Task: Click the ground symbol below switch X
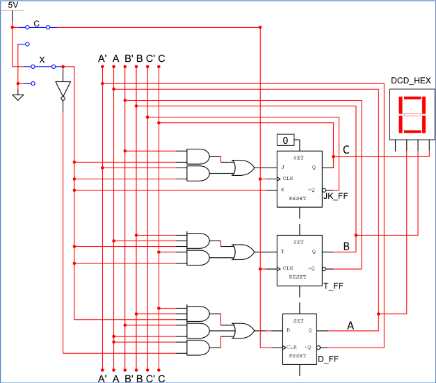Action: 18,95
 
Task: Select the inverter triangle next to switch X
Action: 63,88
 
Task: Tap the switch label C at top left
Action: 36,23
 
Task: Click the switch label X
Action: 42,61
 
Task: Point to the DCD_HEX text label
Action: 410,81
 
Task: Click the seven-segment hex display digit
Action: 410,115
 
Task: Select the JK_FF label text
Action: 335,197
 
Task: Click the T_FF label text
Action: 334,284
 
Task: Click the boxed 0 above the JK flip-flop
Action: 284,140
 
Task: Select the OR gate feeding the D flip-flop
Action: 243,330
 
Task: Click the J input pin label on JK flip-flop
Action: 282,168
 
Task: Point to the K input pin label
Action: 282,189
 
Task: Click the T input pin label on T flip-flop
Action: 282,252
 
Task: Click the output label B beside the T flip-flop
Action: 346,245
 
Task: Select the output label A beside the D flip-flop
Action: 350,325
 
